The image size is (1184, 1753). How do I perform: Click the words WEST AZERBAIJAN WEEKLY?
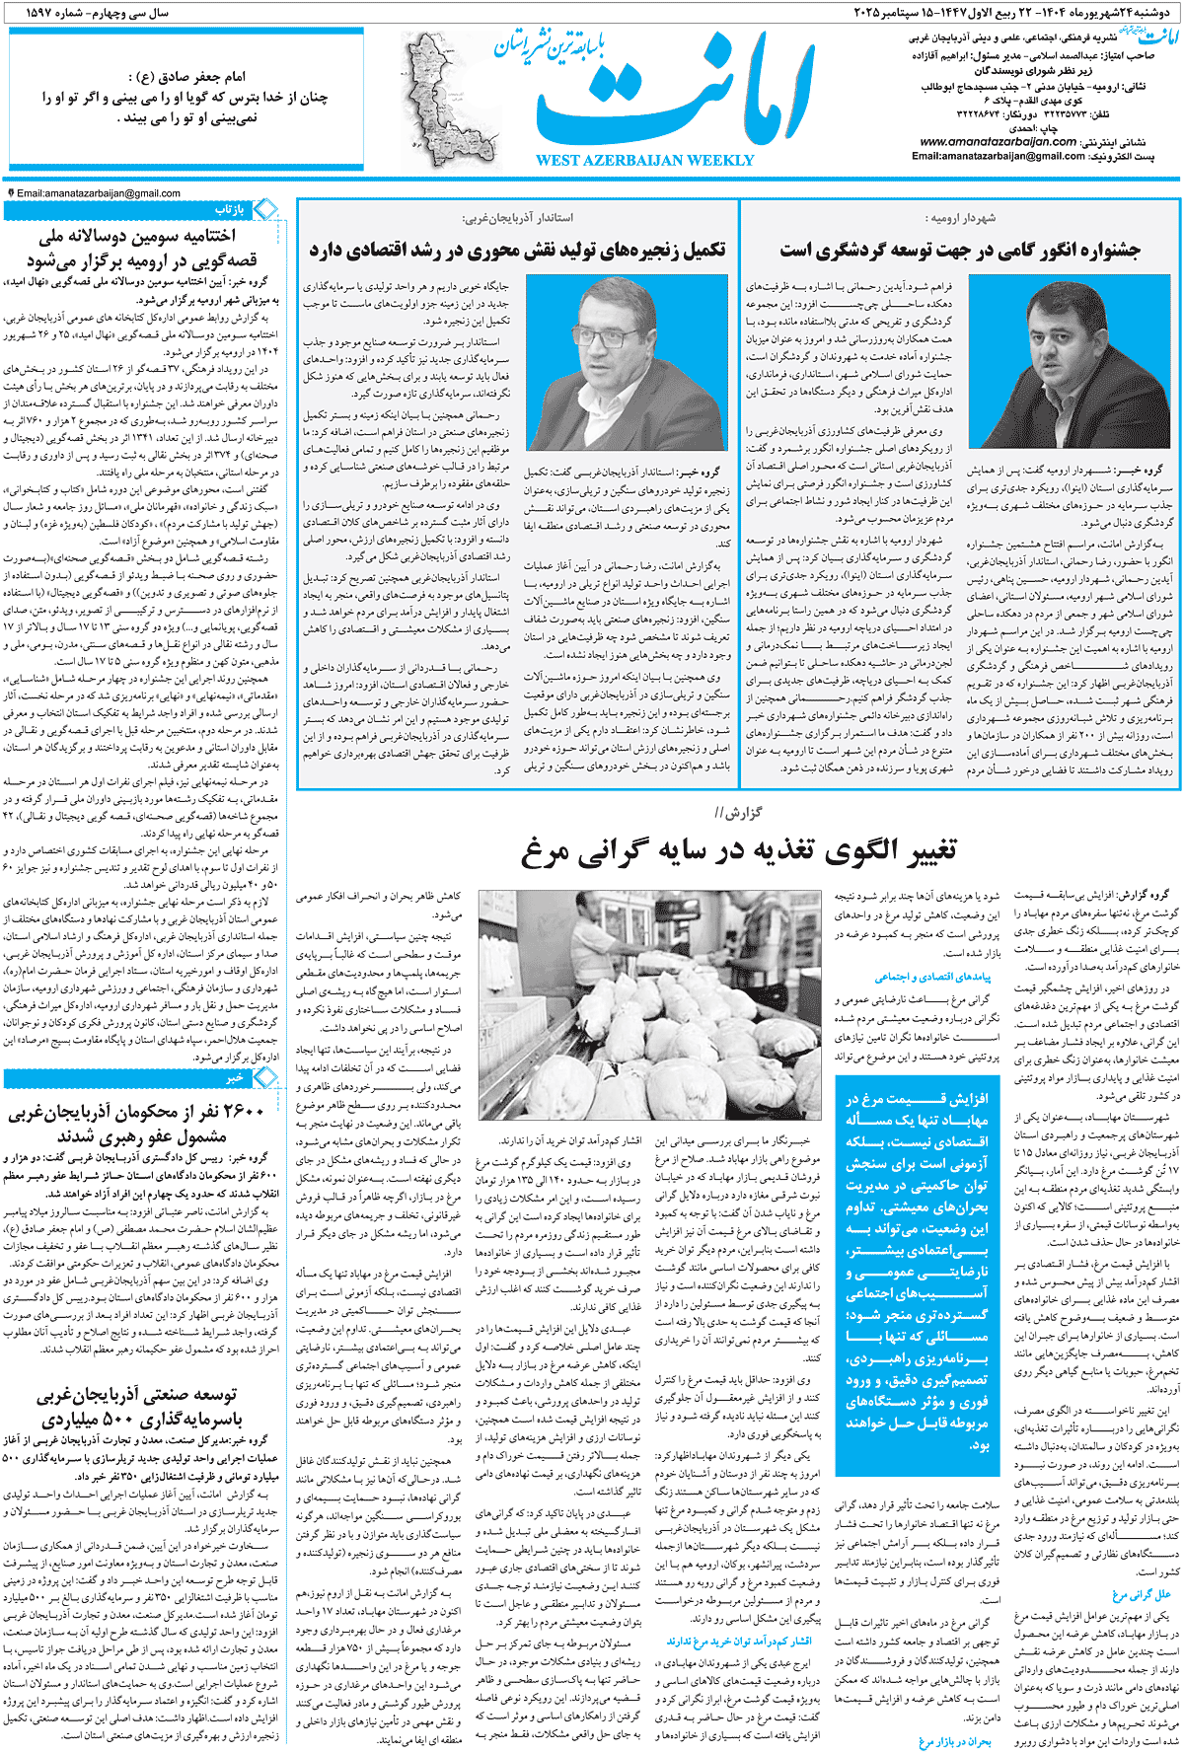(644, 161)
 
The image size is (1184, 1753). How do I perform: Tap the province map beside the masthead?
(440, 99)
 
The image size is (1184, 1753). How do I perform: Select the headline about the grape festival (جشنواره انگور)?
(959, 250)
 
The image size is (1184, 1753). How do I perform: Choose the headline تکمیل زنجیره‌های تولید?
(517, 250)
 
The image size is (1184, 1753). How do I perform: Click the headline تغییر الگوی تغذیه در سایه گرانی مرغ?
(738, 850)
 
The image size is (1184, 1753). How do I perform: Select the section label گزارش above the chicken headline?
(738, 813)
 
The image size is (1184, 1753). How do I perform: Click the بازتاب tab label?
(229, 210)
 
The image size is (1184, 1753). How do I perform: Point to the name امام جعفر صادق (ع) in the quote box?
(186, 76)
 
